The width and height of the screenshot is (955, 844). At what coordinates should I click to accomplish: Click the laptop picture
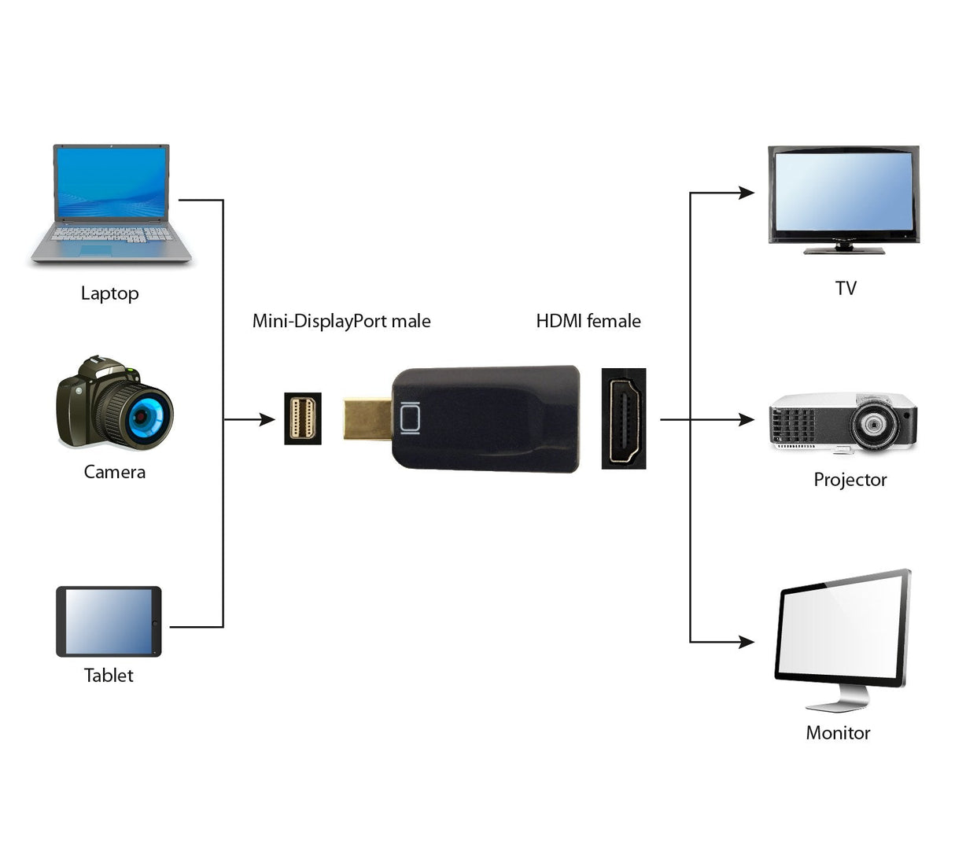tap(111, 205)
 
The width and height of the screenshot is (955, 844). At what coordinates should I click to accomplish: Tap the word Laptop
tap(109, 293)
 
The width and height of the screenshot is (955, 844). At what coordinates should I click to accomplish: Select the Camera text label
tap(115, 472)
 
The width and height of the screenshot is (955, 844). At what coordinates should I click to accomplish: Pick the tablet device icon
tap(109, 621)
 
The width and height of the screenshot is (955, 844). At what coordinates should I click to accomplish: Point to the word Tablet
tap(109, 676)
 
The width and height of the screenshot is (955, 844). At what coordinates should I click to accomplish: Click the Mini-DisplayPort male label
tap(341, 321)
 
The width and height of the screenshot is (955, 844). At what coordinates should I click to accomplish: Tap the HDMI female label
tap(588, 321)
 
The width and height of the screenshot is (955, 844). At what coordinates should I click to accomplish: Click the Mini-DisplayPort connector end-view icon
tap(303, 419)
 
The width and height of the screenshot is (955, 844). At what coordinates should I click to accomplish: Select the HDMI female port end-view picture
tap(624, 418)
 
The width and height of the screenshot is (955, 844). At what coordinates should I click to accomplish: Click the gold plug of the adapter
tap(367, 419)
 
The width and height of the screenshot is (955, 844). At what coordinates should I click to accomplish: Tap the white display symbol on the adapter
tap(410, 418)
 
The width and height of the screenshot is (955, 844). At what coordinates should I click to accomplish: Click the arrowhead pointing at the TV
tap(746, 193)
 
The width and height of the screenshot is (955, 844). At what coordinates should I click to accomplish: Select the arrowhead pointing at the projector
tap(746, 420)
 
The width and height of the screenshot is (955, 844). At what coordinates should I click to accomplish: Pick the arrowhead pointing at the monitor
tap(746, 642)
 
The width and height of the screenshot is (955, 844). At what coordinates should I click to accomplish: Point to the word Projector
tap(850, 480)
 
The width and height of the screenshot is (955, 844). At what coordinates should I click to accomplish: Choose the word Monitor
tap(838, 733)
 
